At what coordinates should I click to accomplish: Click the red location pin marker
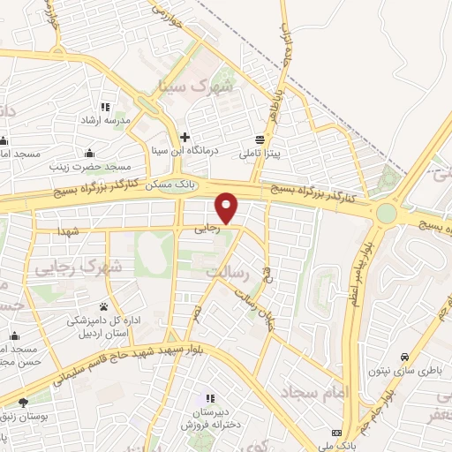pyautogui.click(x=228, y=207)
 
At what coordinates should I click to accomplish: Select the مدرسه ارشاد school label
pyautogui.click(x=107, y=119)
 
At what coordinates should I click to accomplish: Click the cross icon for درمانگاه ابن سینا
pyautogui.click(x=185, y=137)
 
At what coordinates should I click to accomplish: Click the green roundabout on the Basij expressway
pyautogui.click(x=386, y=214)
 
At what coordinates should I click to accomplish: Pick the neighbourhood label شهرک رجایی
pyautogui.click(x=74, y=266)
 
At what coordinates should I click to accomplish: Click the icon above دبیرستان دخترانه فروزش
pyautogui.click(x=210, y=398)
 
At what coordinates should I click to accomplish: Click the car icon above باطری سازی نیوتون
pyautogui.click(x=403, y=357)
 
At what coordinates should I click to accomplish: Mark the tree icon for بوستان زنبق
pyautogui.click(x=23, y=402)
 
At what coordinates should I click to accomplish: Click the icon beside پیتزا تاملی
pyautogui.click(x=260, y=139)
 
